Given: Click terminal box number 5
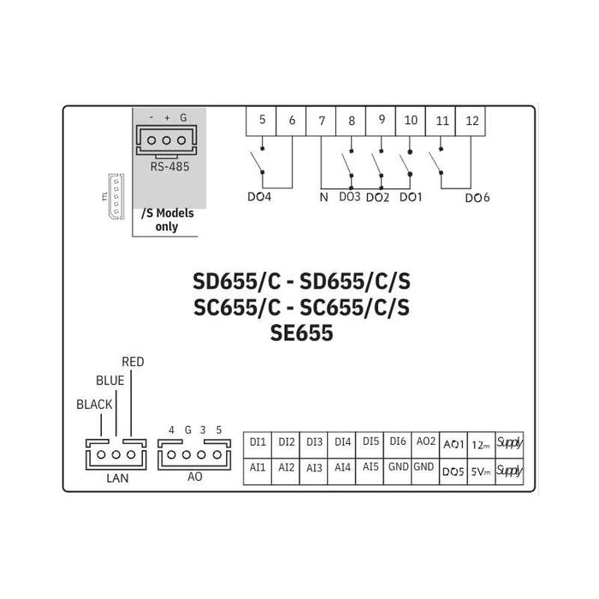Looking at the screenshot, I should (262, 121).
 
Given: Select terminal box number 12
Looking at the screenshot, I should (471, 121).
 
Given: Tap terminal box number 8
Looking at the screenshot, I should (352, 121).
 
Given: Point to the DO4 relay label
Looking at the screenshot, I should (259, 197).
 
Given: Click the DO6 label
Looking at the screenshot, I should (477, 198).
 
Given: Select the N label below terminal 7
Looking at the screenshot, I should (323, 197).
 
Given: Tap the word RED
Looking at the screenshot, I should (133, 362).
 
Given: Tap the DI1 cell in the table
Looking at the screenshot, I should (258, 442).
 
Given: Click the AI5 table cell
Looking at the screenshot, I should (371, 468).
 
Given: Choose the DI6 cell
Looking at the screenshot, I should (398, 442).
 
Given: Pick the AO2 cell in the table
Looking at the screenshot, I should (425, 442).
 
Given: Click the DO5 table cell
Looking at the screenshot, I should (454, 469).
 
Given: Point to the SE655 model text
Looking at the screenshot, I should (300, 334).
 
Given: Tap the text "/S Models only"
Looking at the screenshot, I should (167, 221).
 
